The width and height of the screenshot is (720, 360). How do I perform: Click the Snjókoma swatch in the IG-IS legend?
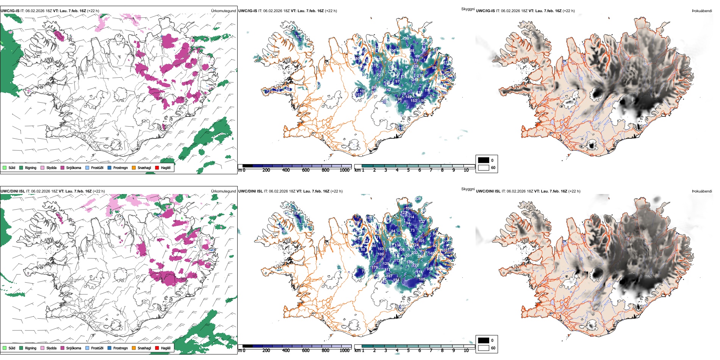click(x=63, y=167)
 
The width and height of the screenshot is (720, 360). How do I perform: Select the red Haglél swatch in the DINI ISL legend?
click(x=157, y=348)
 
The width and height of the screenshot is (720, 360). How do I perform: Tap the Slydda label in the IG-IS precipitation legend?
click(x=52, y=167)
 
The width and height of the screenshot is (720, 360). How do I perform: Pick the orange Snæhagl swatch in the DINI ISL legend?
click(x=134, y=348)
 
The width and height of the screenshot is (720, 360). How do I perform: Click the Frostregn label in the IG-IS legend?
click(x=121, y=167)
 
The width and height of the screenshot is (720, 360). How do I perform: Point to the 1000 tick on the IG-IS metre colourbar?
click(x=344, y=170)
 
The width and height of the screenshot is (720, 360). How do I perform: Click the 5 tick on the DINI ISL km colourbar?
click(x=408, y=351)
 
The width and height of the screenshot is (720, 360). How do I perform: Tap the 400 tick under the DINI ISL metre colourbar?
click(x=286, y=351)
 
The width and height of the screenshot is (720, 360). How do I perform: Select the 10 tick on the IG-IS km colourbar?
click(x=466, y=170)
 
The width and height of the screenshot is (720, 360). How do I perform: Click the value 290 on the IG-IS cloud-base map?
click(x=405, y=38)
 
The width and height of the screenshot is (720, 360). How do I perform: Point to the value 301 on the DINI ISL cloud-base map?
click(x=409, y=256)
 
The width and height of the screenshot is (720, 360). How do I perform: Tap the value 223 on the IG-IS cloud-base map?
click(x=380, y=75)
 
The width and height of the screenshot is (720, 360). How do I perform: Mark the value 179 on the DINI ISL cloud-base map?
click(x=374, y=268)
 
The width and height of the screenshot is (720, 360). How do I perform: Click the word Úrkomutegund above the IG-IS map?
click(x=223, y=11)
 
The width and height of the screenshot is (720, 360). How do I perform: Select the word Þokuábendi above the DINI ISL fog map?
click(x=702, y=191)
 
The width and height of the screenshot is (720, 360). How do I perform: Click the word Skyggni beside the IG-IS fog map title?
click(x=468, y=9)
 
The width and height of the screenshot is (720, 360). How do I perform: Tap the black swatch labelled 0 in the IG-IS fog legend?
click(x=484, y=160)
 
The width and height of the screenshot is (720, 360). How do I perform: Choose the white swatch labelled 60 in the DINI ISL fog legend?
click(x=484, y=348)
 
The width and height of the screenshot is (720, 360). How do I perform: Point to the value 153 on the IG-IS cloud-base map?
click(x=413, y=101)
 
